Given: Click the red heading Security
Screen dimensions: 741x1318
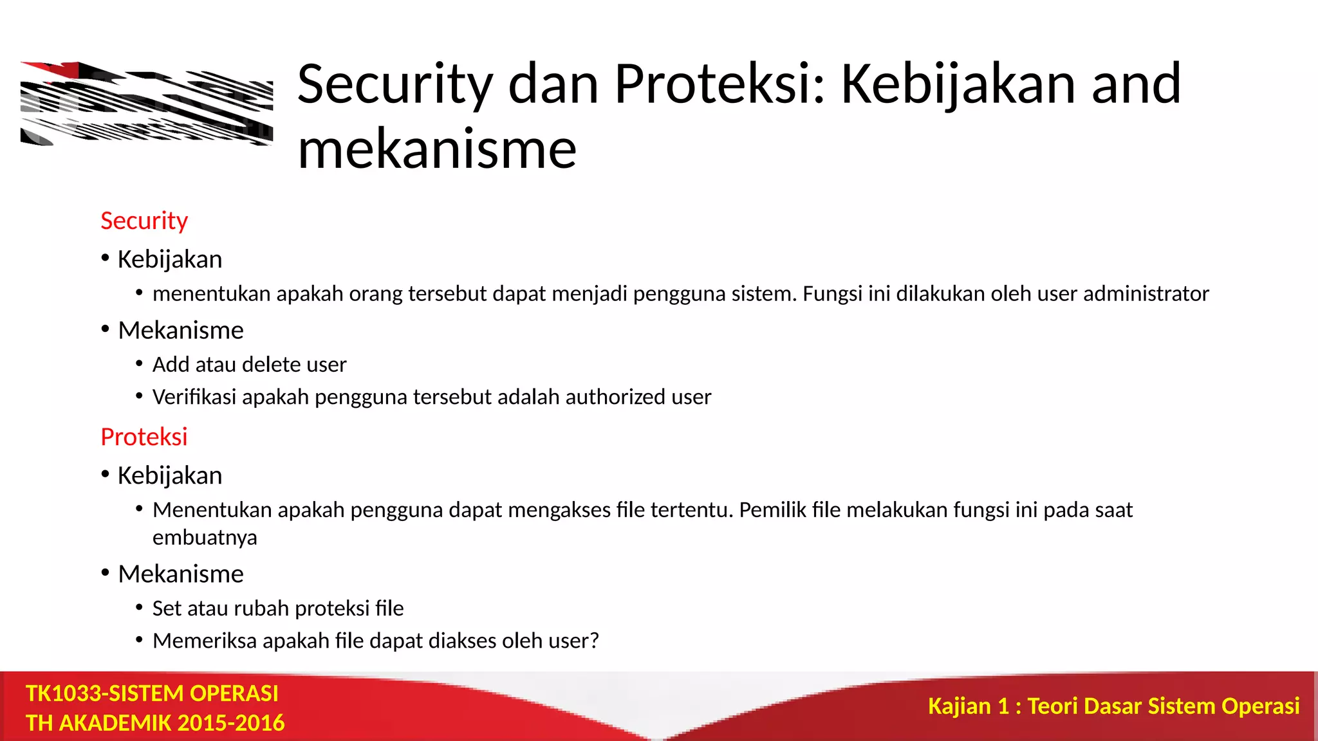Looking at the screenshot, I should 144,221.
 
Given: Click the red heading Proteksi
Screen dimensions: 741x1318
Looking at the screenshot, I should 144,437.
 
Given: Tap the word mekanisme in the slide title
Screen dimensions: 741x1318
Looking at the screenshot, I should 437,149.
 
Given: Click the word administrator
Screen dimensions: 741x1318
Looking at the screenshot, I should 1146,293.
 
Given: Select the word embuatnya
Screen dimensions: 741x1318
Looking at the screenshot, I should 205,537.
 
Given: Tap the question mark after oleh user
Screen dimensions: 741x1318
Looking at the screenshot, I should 594,641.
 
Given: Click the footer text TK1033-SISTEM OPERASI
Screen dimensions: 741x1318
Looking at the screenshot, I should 152,693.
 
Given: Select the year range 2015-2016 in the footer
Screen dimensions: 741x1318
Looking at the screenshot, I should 230,723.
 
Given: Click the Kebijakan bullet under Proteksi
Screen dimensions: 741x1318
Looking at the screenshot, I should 169,475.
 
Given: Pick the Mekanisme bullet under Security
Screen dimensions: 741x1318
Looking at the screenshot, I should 180,330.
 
